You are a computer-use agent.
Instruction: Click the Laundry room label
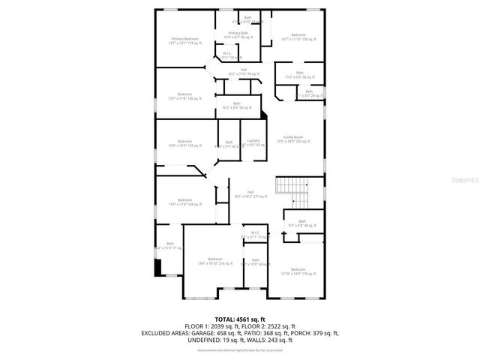[253, 142]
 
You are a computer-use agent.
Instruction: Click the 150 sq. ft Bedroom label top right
[298, 36]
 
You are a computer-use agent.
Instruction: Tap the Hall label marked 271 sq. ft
[241, 193]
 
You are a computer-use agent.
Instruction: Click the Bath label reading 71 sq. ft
[169, 246]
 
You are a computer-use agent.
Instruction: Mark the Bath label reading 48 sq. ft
[302, 223]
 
